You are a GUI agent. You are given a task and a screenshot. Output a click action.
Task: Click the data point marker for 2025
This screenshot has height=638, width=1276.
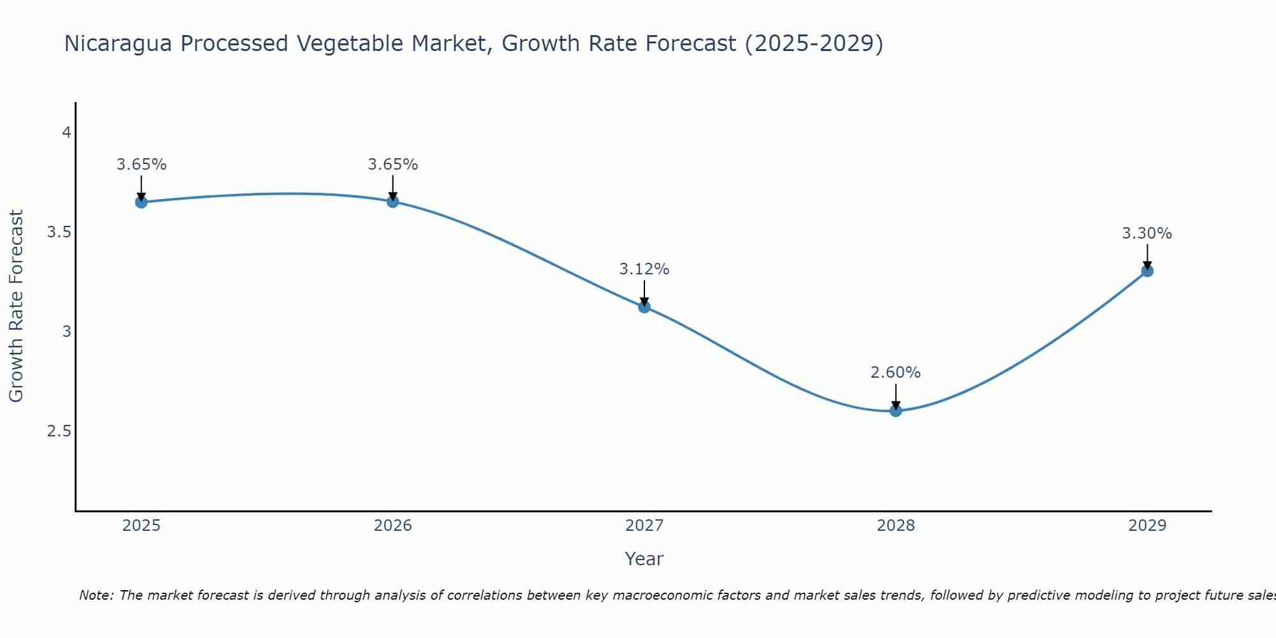142,202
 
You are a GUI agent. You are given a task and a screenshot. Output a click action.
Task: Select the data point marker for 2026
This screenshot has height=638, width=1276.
393,202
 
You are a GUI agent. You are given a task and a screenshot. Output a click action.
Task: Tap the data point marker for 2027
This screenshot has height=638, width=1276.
644,307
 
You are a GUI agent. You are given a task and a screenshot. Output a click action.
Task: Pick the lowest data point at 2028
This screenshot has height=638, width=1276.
896,410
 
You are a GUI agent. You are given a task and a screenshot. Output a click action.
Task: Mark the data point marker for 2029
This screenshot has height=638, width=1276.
1147,271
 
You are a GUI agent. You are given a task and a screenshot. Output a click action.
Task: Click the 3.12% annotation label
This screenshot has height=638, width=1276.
644,269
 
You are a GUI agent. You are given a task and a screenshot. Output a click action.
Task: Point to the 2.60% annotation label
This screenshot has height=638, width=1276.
896,373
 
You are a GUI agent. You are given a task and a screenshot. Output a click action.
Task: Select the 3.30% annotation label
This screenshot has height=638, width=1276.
1147,234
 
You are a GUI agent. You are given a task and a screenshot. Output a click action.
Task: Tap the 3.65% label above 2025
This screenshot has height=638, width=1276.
142,165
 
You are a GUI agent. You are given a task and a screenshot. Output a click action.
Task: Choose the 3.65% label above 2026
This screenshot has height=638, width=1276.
393,165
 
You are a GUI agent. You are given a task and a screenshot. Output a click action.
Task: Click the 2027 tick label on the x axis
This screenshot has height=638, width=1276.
644,526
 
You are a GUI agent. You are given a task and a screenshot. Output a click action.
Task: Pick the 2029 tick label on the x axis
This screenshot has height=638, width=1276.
1147,526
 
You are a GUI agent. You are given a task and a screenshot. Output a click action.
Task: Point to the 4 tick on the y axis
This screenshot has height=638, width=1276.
66,133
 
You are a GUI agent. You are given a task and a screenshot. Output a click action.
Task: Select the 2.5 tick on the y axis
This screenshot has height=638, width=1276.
59,431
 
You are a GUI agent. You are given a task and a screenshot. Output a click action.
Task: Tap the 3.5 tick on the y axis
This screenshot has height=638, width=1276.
59,232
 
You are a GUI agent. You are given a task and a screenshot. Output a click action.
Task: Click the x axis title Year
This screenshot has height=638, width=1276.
644,559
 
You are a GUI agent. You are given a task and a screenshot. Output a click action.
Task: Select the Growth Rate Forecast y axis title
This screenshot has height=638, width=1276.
16,306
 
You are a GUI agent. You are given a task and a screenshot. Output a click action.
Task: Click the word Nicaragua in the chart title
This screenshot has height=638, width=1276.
119,43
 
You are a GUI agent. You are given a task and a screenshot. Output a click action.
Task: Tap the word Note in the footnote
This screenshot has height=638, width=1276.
96,595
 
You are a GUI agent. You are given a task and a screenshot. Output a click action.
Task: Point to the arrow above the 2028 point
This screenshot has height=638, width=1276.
896,396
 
